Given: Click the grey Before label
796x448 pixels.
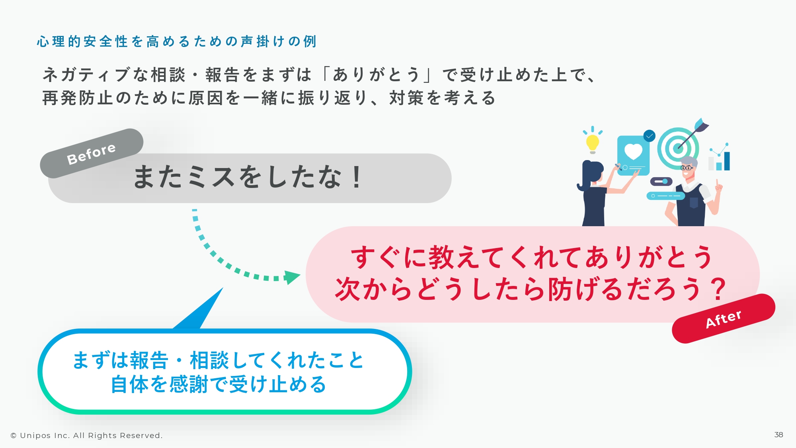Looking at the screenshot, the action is click(92, 153).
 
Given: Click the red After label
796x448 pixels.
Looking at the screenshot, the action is click(724, 319).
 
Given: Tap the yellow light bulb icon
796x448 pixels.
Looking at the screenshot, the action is click(592, 142).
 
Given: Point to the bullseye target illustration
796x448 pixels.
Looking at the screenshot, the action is click(678, 148).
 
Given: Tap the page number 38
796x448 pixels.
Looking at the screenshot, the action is click(779, 435).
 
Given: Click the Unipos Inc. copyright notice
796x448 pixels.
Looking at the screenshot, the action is click(86, 436).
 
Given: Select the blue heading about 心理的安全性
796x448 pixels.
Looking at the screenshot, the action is click(177, 41).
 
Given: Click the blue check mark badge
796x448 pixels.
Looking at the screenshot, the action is click(649, 136).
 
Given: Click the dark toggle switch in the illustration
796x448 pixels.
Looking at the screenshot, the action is click(661, 182).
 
